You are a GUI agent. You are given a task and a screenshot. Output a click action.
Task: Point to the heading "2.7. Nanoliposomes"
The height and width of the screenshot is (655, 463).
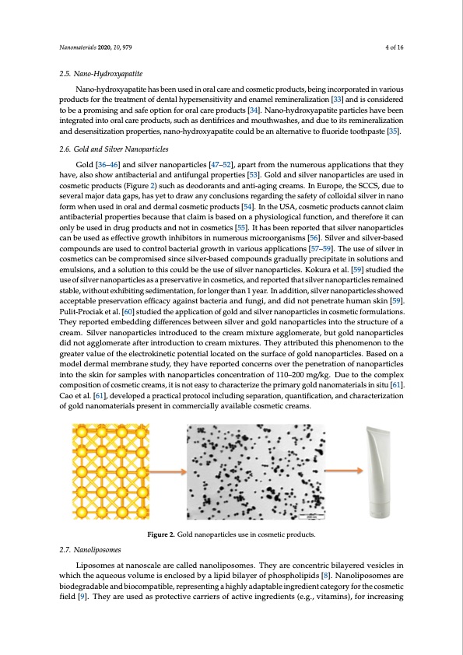[86, 551]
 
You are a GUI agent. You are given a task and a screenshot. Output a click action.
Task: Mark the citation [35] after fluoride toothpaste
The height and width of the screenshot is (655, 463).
[395, 132]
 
